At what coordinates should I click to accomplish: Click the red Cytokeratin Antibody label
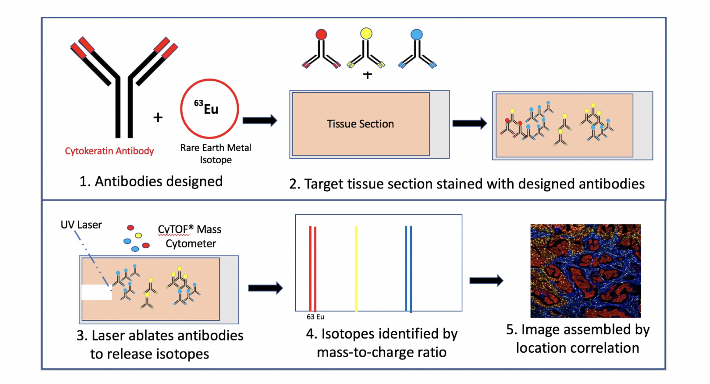(109, 151)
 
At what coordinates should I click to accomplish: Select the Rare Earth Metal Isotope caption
(216, 154)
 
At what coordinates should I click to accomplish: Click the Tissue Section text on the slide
(360, 124)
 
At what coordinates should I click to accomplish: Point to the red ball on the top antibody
(321, 34)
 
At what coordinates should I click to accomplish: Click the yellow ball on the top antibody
(366, 33)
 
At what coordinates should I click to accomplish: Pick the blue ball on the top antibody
(416, 34)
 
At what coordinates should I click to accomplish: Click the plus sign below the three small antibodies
(367, 75)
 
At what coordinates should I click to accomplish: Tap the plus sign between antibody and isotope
(158, 117)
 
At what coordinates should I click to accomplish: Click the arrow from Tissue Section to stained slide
(469, 123)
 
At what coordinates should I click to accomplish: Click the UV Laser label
(81, 225)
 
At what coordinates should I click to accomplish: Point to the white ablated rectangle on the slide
(97, 292)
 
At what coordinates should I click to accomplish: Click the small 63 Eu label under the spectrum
(315, 317)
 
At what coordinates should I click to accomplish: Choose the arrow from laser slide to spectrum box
(265, 288)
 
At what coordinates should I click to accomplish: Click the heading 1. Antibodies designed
(151, 181)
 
